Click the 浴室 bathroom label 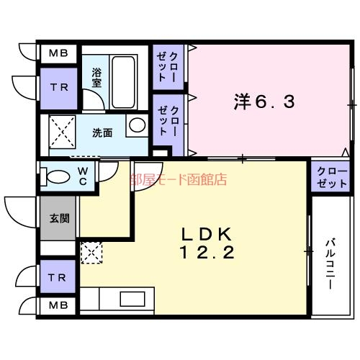(96, 77)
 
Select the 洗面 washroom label (102, 133)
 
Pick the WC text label (84, 176)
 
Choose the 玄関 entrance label (59, 218)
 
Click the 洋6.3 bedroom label (264, 102)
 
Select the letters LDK (205, 235)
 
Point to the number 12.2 (205, 253)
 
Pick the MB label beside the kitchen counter (59, 306)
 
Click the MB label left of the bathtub (59, 54)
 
